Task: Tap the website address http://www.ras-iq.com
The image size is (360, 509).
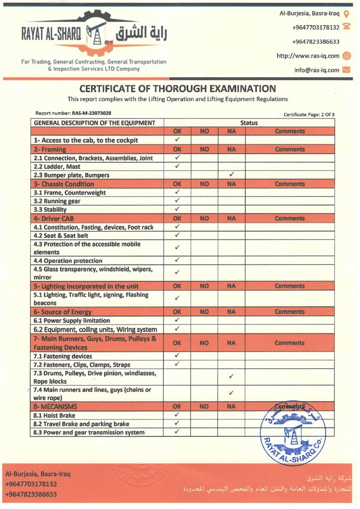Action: pos(308,56)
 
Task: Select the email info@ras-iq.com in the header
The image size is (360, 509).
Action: pos(316,70)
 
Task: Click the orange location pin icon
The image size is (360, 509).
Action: pos(347,14)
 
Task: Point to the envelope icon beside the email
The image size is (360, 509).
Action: pos(347,70)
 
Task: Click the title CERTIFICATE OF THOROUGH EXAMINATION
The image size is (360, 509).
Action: pos(178,89)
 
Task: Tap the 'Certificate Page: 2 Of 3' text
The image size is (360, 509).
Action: pos(309,114)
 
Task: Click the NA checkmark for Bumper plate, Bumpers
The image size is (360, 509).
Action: pos(231,175)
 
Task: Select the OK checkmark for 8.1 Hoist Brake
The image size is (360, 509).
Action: pos(177,415)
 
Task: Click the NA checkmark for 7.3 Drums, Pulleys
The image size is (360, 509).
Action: pos(231,376)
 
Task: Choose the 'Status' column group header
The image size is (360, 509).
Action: pos(249,123)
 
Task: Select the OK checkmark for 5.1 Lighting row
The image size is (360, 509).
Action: pos(177,298)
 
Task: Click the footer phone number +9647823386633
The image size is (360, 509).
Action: pos(31,495)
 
